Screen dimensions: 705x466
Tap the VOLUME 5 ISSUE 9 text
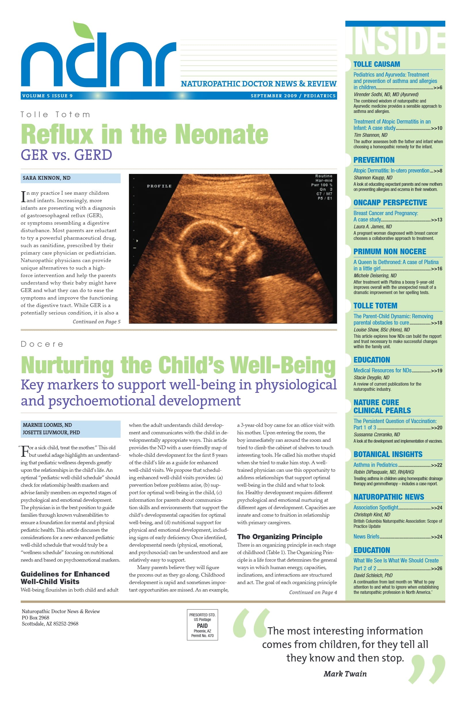pos(47,96)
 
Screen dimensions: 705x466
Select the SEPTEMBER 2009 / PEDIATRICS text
pos(293,96)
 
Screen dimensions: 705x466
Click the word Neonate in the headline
pos(221,135)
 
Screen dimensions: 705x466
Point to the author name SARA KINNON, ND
pos(47,178)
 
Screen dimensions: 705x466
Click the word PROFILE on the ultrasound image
pos(159,186)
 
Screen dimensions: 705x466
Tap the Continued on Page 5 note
pos(97,322)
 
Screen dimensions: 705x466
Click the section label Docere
pos(42,344)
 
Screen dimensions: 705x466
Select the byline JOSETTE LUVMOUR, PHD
pos(51,433)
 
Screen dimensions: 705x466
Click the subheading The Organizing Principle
pos(279,537)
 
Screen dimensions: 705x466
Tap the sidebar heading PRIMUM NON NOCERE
pos(389,252)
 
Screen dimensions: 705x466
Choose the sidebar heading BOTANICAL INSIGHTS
pos(388,454)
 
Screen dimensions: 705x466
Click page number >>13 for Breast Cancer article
pos(436,220)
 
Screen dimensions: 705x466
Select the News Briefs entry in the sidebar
pos(366,537)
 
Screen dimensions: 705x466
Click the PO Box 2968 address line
pos(35,617)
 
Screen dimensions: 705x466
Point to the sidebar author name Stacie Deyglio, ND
pos(371,378)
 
